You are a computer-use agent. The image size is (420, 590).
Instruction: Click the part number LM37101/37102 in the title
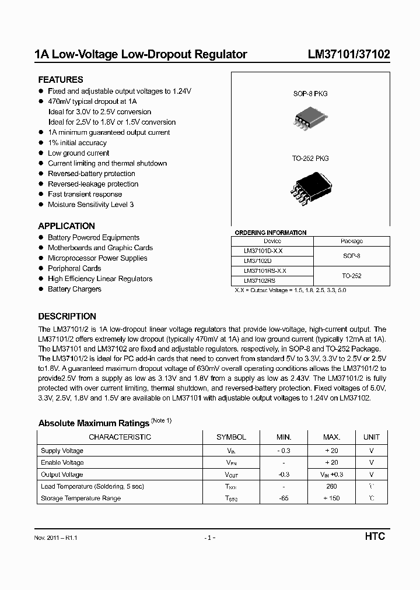point(349,55)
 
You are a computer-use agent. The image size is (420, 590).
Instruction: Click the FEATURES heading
point(61,80)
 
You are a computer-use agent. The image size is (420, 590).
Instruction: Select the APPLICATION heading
point(66,226)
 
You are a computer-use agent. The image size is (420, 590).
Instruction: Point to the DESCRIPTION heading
point(67,317)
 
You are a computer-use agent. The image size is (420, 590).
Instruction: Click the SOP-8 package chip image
point(306,120)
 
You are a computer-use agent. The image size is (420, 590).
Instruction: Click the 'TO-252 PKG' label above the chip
point(310,159)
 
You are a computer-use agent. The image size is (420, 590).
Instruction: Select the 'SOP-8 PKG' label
point(306,93)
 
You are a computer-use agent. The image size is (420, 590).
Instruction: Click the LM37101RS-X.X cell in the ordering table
point(265,271)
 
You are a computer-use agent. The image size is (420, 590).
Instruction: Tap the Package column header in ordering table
point(352,241)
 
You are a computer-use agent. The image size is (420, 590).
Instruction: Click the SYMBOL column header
point(231,437)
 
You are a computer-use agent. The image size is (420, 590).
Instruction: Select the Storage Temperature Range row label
point(80,498)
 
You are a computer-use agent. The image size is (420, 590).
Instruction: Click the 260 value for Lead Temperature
point(331,486)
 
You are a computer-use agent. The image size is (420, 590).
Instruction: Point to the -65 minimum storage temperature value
point(283,498)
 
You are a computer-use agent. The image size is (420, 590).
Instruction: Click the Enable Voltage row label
point(62,462)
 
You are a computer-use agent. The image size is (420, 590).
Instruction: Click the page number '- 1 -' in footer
point(210,538)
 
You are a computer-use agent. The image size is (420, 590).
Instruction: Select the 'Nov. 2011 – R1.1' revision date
point(57,538)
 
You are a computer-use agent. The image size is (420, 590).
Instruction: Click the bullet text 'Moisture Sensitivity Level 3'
point(90,205)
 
